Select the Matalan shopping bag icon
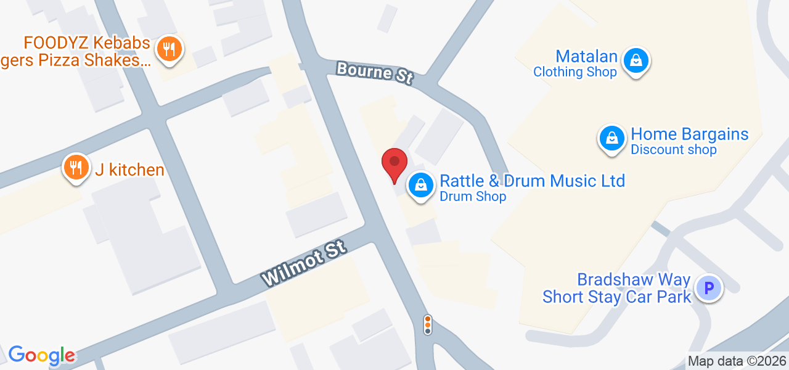[x=634, y=61]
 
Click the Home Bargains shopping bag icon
[x=612, y=138]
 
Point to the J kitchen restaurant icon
[x=76, y=166]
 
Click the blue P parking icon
[x=708, y=287]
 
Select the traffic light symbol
[x=427, y=324]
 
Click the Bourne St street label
[x=374, y=72]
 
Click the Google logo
[x=42, y=355]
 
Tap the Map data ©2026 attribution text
[x=737, y=361]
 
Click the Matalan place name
[x=586, y=57]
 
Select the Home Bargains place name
[x=689, y=134]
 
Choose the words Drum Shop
[x=473, y=197]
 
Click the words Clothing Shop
[x=574, y=72]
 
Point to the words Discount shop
[x=673, y=150]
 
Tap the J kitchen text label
[x=129, y=170]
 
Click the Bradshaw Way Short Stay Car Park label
[x=617, y=289]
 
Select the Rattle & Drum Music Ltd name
[x=532, y=181]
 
